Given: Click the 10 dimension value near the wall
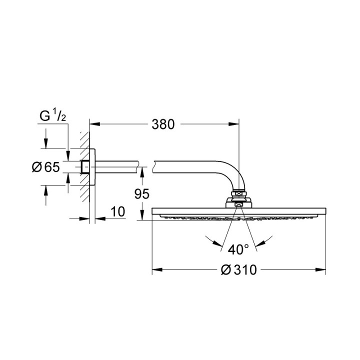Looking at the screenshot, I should click(x=118, y=211).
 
